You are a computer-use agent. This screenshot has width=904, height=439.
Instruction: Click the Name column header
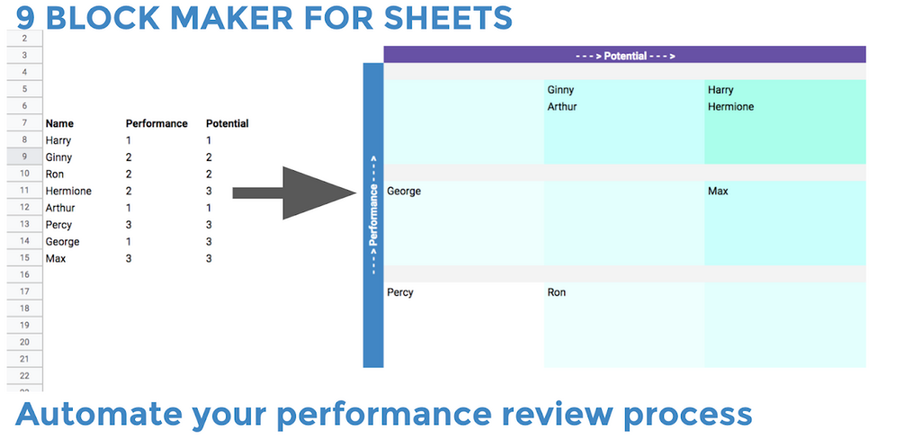pos(59,123)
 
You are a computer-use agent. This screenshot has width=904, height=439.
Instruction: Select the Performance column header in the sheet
pos(157,123)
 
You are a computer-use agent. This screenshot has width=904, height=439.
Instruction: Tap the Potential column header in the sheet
pos(227,123)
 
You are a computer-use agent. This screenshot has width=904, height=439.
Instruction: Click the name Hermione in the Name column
pos(68,192)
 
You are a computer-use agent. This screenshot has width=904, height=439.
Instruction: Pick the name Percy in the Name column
pos(58,225)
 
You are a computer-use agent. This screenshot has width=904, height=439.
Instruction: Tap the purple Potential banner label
pos(625,56)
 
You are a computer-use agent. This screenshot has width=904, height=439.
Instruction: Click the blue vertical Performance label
pos(373,216)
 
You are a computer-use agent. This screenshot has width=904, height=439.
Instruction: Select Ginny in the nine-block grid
pos(560,90)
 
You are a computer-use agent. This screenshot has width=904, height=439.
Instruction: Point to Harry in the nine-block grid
pos(721,90)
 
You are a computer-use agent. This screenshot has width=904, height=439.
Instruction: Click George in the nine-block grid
pos(404,192)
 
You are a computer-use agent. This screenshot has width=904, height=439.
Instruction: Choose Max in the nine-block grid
pos(718,192)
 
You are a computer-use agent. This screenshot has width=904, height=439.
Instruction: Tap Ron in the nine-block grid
pos(557,292)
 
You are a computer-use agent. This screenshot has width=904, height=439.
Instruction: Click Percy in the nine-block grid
pos(400,292)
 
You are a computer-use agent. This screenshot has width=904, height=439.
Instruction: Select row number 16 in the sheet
pos(24,275)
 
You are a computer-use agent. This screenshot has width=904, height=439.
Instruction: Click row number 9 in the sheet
pos(24,157)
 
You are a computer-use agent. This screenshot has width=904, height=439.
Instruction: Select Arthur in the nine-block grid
pos(562,107)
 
